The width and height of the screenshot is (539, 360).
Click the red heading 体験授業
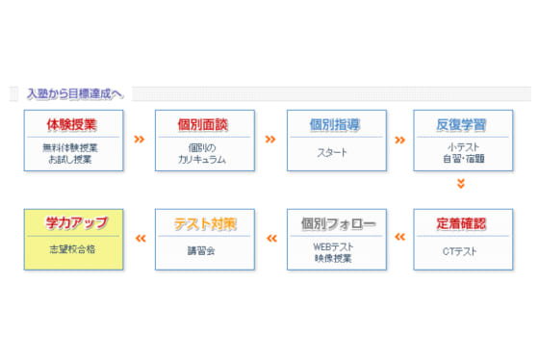click(73, 124)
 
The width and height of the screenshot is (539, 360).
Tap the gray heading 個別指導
click(336, 124)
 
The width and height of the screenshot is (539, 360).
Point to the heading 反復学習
click(461, 124)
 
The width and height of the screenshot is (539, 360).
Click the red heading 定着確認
click(461, 223)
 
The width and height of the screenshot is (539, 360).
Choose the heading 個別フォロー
click(336, 223)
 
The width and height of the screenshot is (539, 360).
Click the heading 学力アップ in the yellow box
click(73, 223)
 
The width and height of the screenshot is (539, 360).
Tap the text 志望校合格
click(73, 249)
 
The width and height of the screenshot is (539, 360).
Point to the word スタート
click(336, 152)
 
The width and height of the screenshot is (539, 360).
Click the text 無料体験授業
click(73, 146)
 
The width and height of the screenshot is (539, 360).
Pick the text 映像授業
click(336, 258)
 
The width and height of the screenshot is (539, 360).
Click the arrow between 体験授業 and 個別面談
click(140, 140)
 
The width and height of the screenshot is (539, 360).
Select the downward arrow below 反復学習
click(460, 183)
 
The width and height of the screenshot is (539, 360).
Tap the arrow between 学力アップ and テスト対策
click(140, 239)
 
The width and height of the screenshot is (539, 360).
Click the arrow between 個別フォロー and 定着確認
click(399, 239)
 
